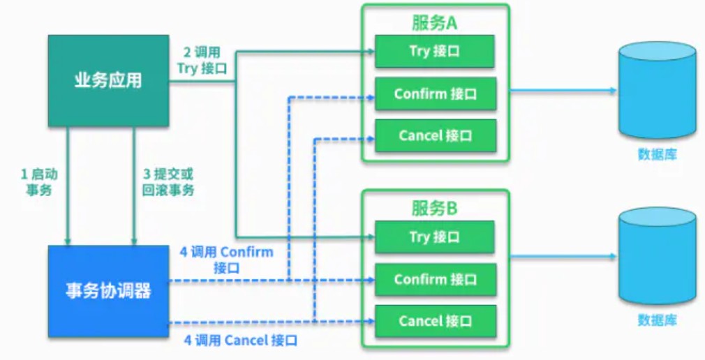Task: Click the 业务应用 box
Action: pos(108,80)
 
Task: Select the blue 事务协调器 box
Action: pos(108,290)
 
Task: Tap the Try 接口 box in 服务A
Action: pos(435,52)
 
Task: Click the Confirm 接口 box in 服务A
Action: pos(435,94)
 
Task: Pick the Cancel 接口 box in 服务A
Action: pos(435,135)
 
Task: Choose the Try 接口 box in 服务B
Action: pos(435,237)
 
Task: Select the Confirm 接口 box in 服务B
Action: pos(435,280)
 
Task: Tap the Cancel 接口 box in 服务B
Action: pos(435,321)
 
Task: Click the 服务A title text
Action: pos(434,22)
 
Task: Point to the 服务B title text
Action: pos(434,208)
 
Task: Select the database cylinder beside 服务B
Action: pos(657,256)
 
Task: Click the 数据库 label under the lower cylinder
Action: pos(657,320)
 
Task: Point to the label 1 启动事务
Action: pos(40,181)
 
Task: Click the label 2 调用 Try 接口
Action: pos(202,61)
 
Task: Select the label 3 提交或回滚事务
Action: pos(168,181)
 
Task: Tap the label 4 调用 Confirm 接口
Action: pos(226,259)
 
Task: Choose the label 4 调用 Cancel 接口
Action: pos(241,340)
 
